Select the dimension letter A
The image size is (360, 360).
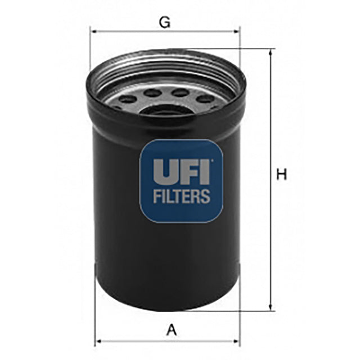[172, 331]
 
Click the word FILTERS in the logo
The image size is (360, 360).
[181, 196]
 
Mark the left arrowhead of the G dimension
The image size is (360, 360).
[93, 31]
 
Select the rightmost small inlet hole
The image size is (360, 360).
[206, 99]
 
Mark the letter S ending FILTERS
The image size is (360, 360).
[206, 196]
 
